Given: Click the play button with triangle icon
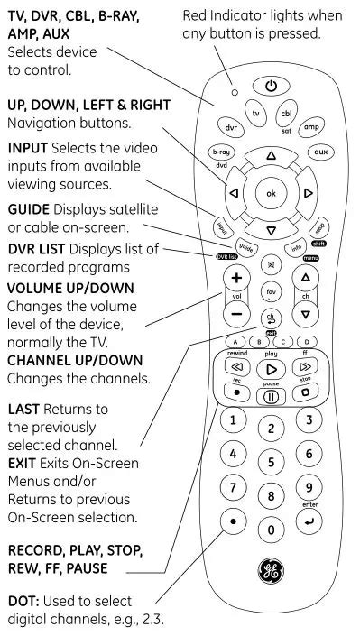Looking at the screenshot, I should (x=272, y=369).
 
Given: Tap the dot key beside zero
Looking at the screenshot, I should (x=234, y=522).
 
